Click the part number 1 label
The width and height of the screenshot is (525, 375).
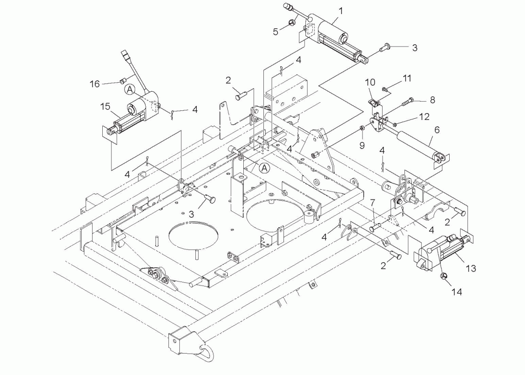tap(341, 11)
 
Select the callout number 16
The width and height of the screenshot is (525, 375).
tap(95, 83)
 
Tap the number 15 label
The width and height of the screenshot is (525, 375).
tap(105, 106)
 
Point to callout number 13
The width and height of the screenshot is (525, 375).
tap(471, 268)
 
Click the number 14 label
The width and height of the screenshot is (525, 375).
tap(457, 292)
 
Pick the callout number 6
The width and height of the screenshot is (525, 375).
tap(437, 130)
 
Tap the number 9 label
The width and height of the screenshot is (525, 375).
tap(362, 145)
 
